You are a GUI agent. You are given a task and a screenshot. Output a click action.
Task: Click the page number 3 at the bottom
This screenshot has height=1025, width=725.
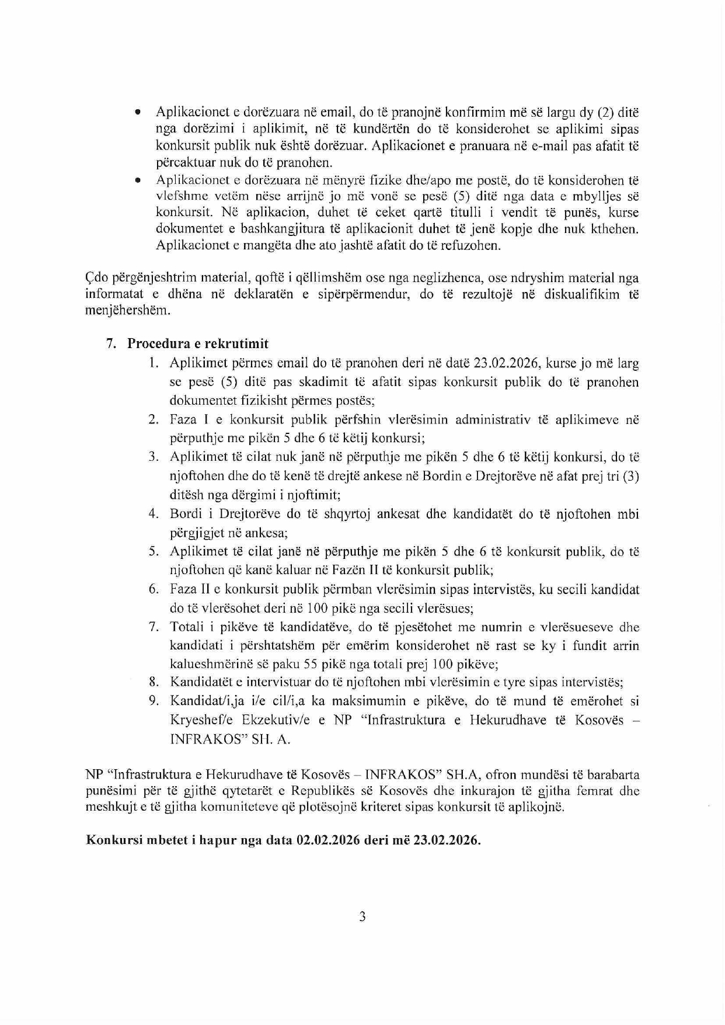click(x=362, y=916)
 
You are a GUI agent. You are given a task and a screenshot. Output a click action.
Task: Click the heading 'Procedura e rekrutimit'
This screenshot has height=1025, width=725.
click(x=198, y=343)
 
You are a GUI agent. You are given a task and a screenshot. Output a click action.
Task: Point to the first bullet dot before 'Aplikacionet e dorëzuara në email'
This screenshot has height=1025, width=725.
click(x=138, y=112)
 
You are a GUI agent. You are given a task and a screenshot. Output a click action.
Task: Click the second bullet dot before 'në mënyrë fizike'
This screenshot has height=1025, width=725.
click(x=138, y=181)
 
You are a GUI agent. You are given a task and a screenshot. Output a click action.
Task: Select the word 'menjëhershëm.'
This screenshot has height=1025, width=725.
click(x=120, y=311)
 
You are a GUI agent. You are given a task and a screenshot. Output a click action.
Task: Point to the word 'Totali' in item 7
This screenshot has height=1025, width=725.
click(x=187, y=627)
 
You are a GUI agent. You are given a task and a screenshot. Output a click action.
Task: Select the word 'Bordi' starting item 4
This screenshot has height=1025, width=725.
click(x=186, y=514)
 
